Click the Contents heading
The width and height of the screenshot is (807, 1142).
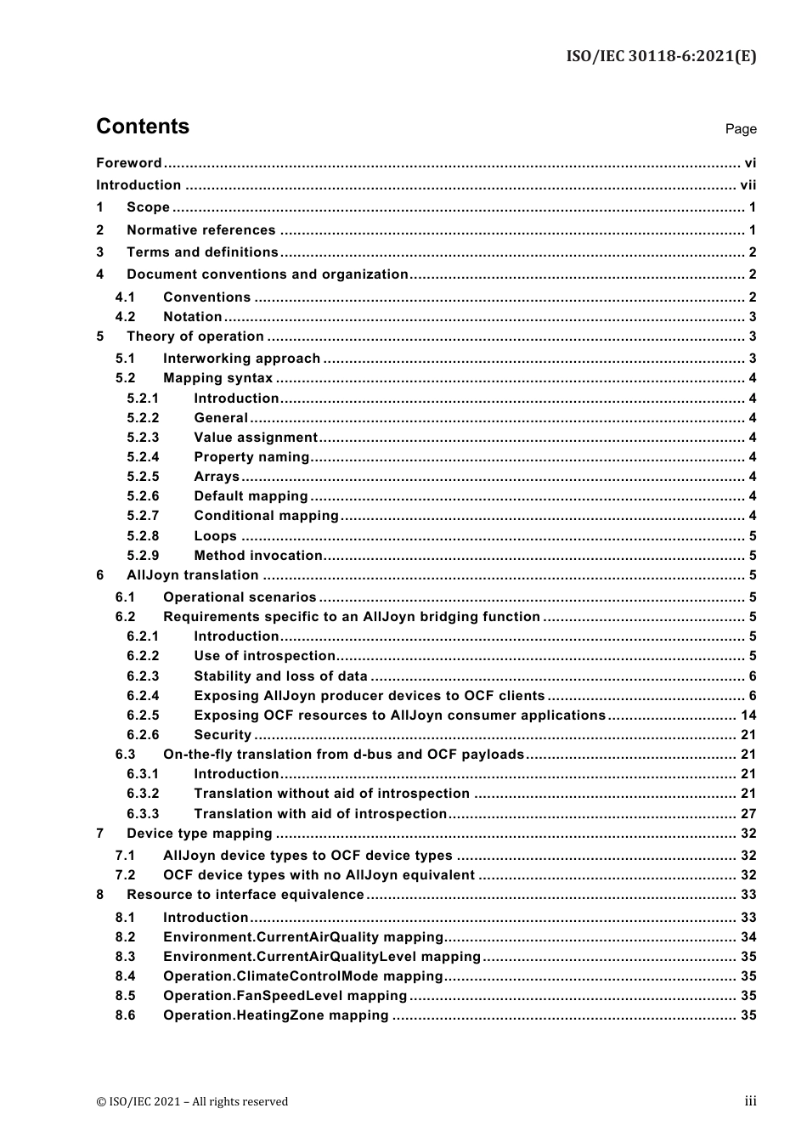tap(143, 127)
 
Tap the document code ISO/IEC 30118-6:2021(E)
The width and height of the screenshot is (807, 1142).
tap(661, 56)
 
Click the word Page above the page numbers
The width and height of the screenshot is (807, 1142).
tap(741, 129)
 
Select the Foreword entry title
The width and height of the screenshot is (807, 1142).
tap(128, 163)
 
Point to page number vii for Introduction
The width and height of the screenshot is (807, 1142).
tap(748, 185)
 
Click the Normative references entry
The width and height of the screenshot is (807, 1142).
tap(200, 230)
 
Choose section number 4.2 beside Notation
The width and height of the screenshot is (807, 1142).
tap(126, 317)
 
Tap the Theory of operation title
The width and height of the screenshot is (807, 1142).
tap(195, 336)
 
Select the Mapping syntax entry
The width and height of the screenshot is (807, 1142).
tap(217, 378)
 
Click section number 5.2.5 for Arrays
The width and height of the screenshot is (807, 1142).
tap(143, 477)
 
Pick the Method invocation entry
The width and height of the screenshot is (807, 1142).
tap(258, 556)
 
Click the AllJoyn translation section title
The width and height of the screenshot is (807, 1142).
tap(192, 575)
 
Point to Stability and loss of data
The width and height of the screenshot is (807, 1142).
tap(280, 676)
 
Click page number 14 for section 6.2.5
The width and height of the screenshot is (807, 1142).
tap(748, 715)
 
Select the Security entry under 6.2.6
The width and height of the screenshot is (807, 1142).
tap(223, 735)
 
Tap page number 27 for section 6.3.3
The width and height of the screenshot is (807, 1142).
tap(748, 813)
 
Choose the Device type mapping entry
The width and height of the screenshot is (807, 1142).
tap(199, 834)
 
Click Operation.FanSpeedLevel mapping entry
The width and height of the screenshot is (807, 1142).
tap(285, 996)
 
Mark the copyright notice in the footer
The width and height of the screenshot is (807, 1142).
tap(192, 1102)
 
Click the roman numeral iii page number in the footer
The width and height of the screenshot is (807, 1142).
tap(750, 1101)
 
